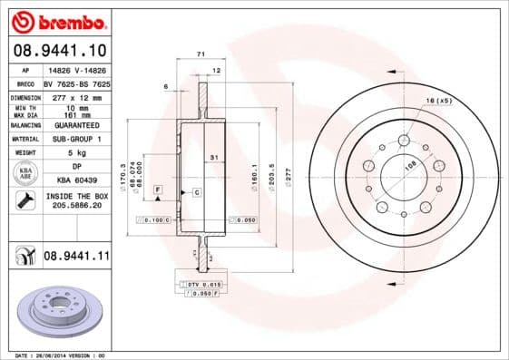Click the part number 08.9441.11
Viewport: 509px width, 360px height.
point(76,257)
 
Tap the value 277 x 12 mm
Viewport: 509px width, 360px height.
point(76,95)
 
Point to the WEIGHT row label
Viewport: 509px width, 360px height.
point(24,153)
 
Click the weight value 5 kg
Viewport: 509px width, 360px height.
point(76,153)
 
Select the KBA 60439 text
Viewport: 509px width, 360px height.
point(76,181)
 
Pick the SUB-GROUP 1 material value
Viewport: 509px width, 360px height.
point(76,139)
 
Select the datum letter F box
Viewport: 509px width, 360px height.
point(158,188)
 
